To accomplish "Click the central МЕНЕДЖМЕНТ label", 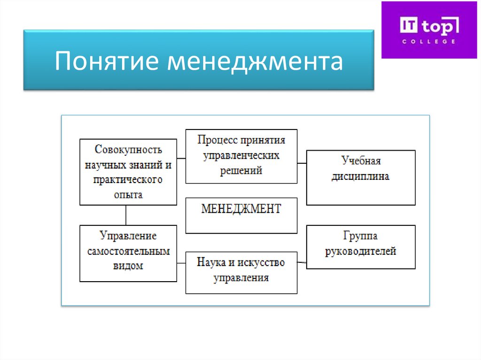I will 241,209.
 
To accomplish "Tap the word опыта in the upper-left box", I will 128,194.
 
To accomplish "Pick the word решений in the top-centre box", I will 241,170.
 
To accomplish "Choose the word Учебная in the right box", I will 361,161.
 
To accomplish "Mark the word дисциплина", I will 361,176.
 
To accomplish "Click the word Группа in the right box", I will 361,236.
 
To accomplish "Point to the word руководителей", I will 361,251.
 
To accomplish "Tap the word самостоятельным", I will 128,251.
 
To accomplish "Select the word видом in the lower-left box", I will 128,266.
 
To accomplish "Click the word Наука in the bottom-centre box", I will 210,262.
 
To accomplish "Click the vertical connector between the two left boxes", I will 126,215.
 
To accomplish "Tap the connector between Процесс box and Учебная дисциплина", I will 302,163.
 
